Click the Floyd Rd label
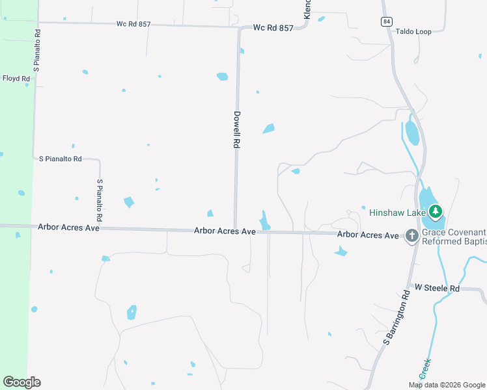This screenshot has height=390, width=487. click(16, 79)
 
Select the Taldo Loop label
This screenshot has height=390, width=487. click(413, 31)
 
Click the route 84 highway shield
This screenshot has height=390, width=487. click(387, 21)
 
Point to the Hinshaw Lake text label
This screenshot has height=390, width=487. click(397, 212)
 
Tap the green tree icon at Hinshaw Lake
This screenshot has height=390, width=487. click(436, 211)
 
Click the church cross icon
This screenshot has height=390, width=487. click(411, 235)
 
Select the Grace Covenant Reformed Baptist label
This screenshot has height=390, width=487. click(454, 237)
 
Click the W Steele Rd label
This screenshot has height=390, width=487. click(437, 287)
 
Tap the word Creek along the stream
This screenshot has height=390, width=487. click(426, 369)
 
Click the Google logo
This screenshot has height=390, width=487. click(21, 382)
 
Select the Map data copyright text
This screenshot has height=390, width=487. click(447, 385)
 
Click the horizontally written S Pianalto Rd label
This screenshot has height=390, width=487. click(61, 159)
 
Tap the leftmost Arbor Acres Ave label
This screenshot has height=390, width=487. click(68, 228)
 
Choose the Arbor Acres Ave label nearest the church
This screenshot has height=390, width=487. click(367, 234)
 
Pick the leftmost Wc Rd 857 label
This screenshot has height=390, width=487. click(133, 24)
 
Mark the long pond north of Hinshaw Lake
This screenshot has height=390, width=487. click(412, 133)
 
